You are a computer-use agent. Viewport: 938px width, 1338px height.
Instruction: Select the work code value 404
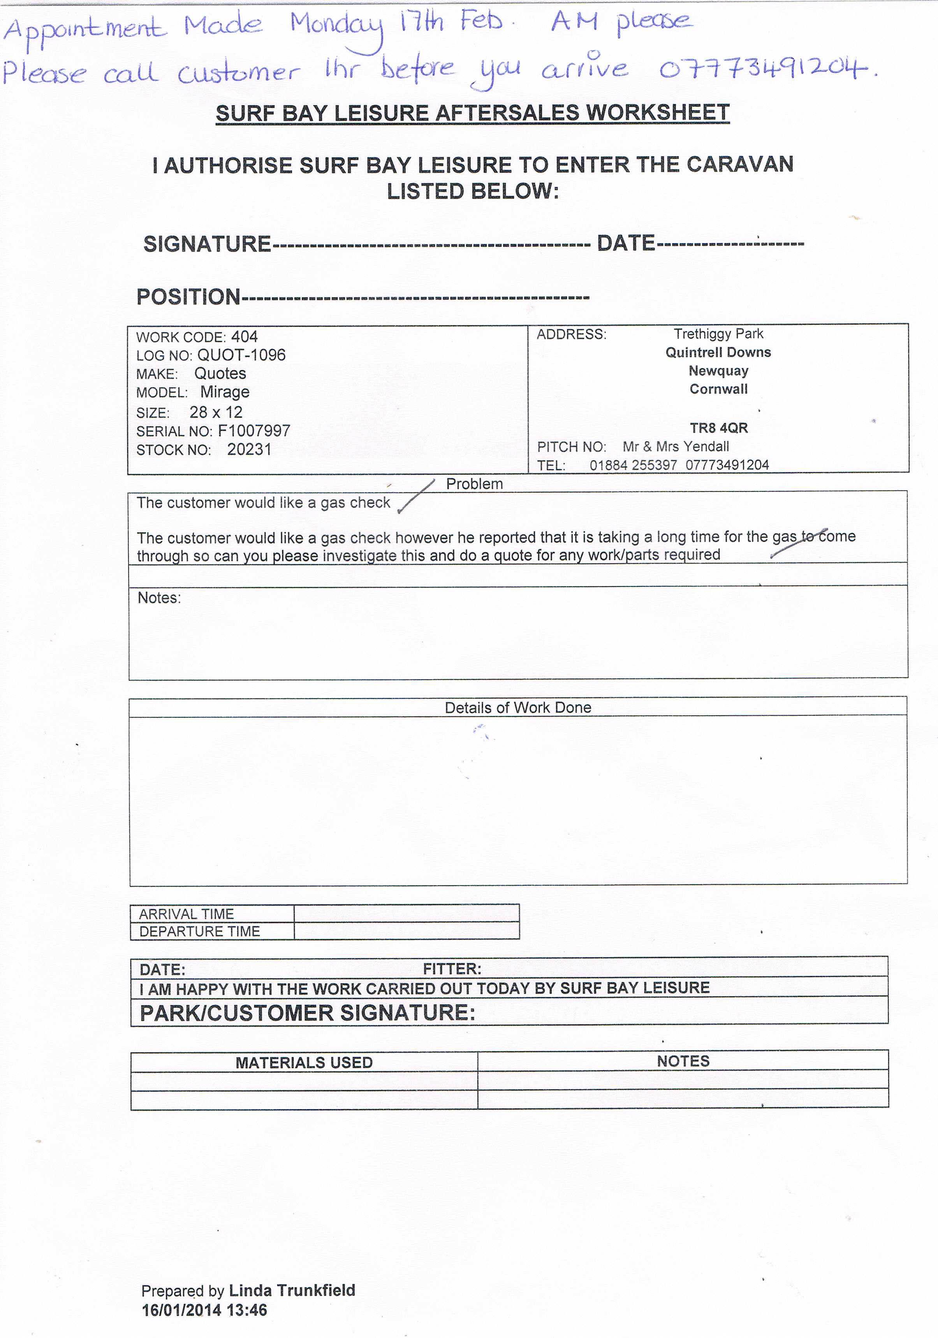tap(244, 337)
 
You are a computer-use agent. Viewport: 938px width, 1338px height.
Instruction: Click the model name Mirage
tap(225, 392)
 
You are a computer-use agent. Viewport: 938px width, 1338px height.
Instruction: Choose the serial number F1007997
tap(254, 431)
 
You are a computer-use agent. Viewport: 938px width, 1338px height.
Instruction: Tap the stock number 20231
tap(249, 450)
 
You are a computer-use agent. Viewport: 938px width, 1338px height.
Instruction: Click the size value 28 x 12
tap(216, 413)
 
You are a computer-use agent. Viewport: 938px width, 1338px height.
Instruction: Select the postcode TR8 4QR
tap(718, 428)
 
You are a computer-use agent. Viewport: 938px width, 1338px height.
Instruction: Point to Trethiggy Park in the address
tap(718, 334)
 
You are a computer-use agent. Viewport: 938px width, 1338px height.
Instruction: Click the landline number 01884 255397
tap(633, 465)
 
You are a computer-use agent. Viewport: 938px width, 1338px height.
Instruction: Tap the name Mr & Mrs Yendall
tap(676, 447)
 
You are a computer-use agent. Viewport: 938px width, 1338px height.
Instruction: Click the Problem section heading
tap(474, 484)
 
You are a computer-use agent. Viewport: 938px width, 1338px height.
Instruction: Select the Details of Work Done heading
tap(518, 708)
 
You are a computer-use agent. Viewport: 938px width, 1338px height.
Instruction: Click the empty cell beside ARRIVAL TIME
tap(406, 913)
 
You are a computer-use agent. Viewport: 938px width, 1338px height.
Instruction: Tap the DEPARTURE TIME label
tap(199, 931)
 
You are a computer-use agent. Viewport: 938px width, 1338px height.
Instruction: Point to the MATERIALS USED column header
tap(304, 1062)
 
